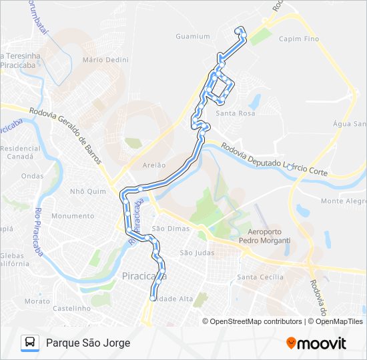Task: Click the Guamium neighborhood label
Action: coord(192,37)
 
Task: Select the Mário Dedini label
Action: coord(105,59)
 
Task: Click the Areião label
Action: coord(154,164)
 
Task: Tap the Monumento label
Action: coord(73,216)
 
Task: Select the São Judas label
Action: coord(196,253)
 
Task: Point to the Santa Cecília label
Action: coord(261,277)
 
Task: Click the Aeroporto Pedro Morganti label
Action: coord(264,236)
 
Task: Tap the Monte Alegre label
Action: coord(344,201)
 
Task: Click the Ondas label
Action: coord(32,176)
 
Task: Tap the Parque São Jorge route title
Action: coord(88,343)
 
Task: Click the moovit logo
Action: coord(316,343)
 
